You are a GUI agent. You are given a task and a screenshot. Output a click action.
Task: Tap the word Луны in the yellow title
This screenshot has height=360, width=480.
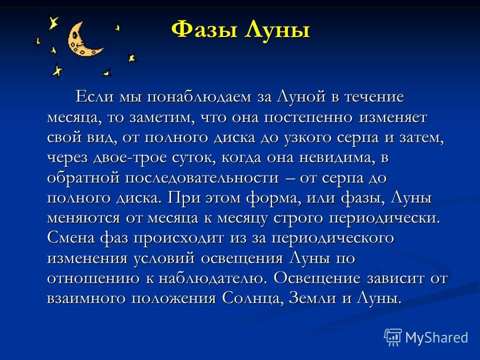tap(277, 30)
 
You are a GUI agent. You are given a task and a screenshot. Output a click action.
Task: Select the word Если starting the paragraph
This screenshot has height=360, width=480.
tap(94, 97)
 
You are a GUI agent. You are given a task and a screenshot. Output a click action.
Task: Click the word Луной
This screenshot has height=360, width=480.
tap(301, 97)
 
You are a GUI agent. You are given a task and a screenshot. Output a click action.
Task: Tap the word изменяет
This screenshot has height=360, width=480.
tap(393, 117)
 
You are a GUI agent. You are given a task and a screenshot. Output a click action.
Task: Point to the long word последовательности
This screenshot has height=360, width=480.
tap(201, 178)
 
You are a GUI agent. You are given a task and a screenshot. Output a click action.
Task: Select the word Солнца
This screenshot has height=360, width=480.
tap(251, 299)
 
